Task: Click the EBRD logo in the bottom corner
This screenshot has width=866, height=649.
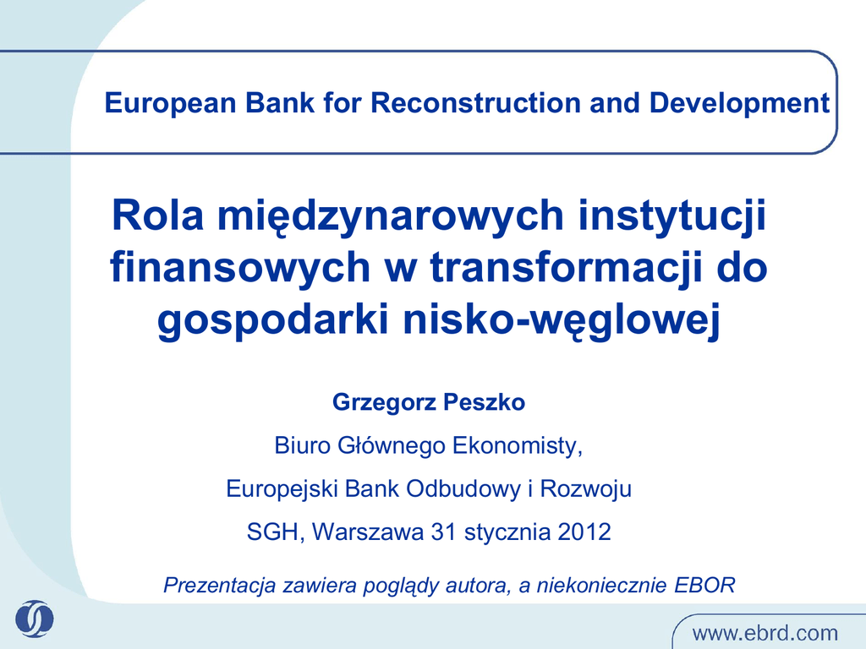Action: pyautogui.click(x=34, y=619)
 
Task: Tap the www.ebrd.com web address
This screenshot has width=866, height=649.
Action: pyautogui.click(x=765, y=632)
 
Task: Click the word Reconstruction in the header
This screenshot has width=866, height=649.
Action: pyautogui.click(x=475, y=103)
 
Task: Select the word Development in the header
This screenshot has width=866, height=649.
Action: pyautogui.click(x=739, y=104)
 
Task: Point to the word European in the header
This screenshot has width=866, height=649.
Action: pyautogui.click(x=171, y=104)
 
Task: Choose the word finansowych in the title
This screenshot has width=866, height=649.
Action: pyautogui.click(x=240, y=268)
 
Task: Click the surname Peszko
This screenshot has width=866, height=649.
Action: pyautogui.click(x=484, y=402)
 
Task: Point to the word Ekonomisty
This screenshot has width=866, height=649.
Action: pyautogui.click(x=518, y=446)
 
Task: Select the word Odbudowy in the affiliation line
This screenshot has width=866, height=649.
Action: pyautogui.click(x=463, y=489)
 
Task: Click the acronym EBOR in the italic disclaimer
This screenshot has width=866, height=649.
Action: pyautogui.click(x=704, y=585)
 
